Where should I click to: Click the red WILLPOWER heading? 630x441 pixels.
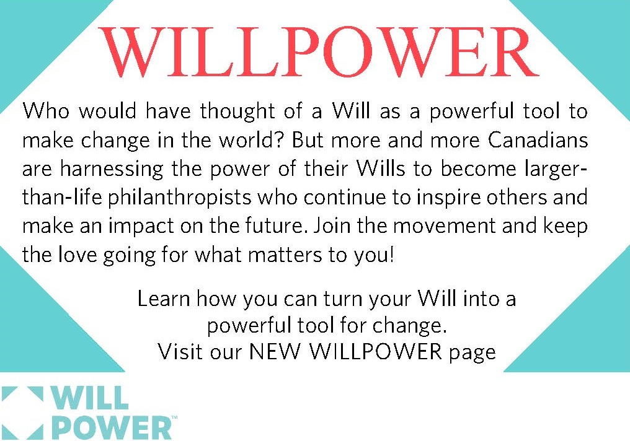pyautogui.click(x=319, y=51)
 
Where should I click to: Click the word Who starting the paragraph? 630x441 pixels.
pyautogui.click(x=46, y=111)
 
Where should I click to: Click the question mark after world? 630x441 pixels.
pyautogui.click(x=280, y=140)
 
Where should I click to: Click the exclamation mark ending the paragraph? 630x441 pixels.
pyautogui.click(x=391, y=255)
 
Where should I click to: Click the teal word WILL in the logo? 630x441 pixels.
pyautogui.click(x=90, y=398)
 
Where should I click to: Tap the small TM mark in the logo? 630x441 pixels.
pyautogui.click(x=174, y=418)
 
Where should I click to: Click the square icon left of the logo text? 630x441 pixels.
pyautogui.click(x=22, y=413)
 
